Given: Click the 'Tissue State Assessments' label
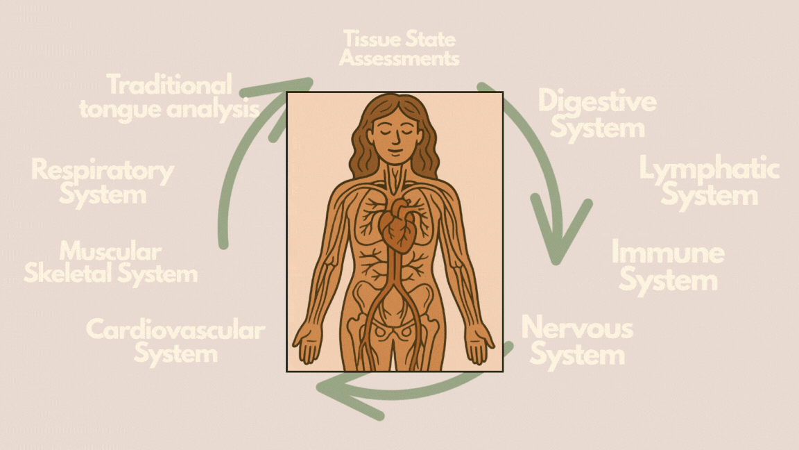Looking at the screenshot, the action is (x=399, y=48).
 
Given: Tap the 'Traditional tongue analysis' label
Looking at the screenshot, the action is (x=169, y=97).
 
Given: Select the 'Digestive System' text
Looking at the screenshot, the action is (x=597, y=114).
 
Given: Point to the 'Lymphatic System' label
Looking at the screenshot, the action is (x=709, y=182).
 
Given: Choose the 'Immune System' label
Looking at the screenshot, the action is (x=667, y=267).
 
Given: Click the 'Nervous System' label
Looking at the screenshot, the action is (x=577, y=341).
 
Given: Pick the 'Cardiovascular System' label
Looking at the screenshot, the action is (x=175, y=341).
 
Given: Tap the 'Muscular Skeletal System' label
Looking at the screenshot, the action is (x=111, y=262).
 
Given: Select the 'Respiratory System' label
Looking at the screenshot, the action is (x=103, y=182).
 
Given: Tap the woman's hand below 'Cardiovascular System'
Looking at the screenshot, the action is (x=307, y=344).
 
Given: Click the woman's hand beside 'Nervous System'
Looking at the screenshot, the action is (x=479, y=344).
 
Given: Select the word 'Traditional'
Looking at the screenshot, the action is (x=169, y=85).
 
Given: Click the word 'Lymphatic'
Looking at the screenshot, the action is (x=709, y=169).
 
